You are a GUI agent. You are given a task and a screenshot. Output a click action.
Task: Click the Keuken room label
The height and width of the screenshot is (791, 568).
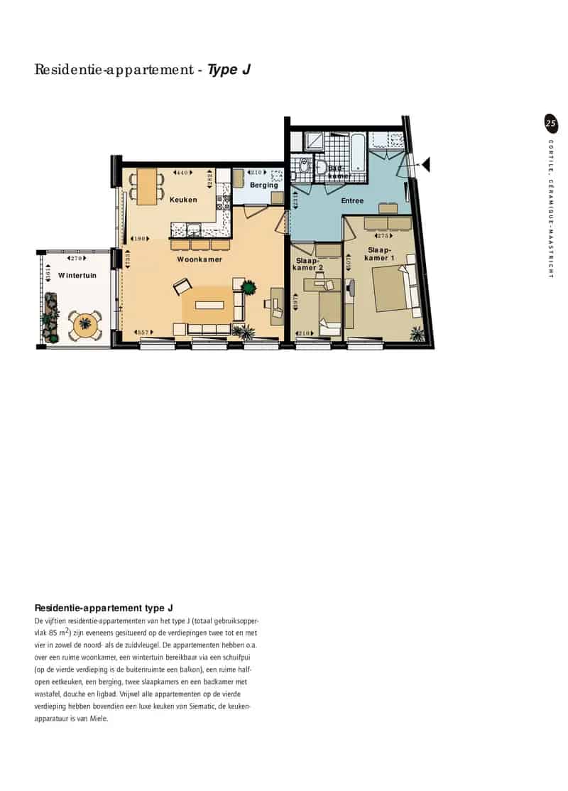click(x=183, y=200)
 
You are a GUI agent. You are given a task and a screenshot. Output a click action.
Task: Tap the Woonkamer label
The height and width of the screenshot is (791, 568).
click(x=200, y=259)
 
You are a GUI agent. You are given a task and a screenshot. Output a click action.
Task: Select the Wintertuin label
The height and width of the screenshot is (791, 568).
click(x=77, y=275)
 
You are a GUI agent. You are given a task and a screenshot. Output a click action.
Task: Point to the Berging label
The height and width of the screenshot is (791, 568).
click(x=263, y=185)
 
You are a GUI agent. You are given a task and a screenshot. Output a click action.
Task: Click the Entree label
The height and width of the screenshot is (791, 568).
click(x=352, y=201)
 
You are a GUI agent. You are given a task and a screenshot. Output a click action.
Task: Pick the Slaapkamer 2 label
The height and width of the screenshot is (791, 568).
click(x=308, y=264)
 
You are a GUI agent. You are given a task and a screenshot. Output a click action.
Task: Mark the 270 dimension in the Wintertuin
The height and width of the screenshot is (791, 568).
click(x=77, y=258)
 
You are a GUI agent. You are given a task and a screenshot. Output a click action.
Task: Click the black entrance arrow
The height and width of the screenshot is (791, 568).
click(x=425, y=165)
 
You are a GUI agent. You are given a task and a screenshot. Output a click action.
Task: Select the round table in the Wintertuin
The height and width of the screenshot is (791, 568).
click(x=84, y=324)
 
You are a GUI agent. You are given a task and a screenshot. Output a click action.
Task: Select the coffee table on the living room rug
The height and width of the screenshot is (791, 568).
click(x=210, y=306)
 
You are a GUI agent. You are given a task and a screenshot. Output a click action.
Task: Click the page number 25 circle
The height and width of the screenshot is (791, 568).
click(x=550, y=123)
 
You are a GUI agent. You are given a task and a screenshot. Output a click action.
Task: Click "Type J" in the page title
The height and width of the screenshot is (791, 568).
click(x=228, y=70)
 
